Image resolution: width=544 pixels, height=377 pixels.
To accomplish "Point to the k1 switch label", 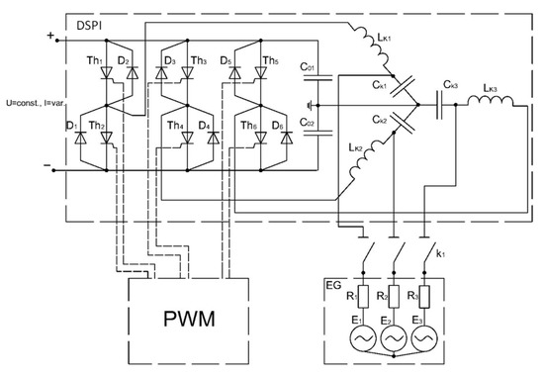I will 441,254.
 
